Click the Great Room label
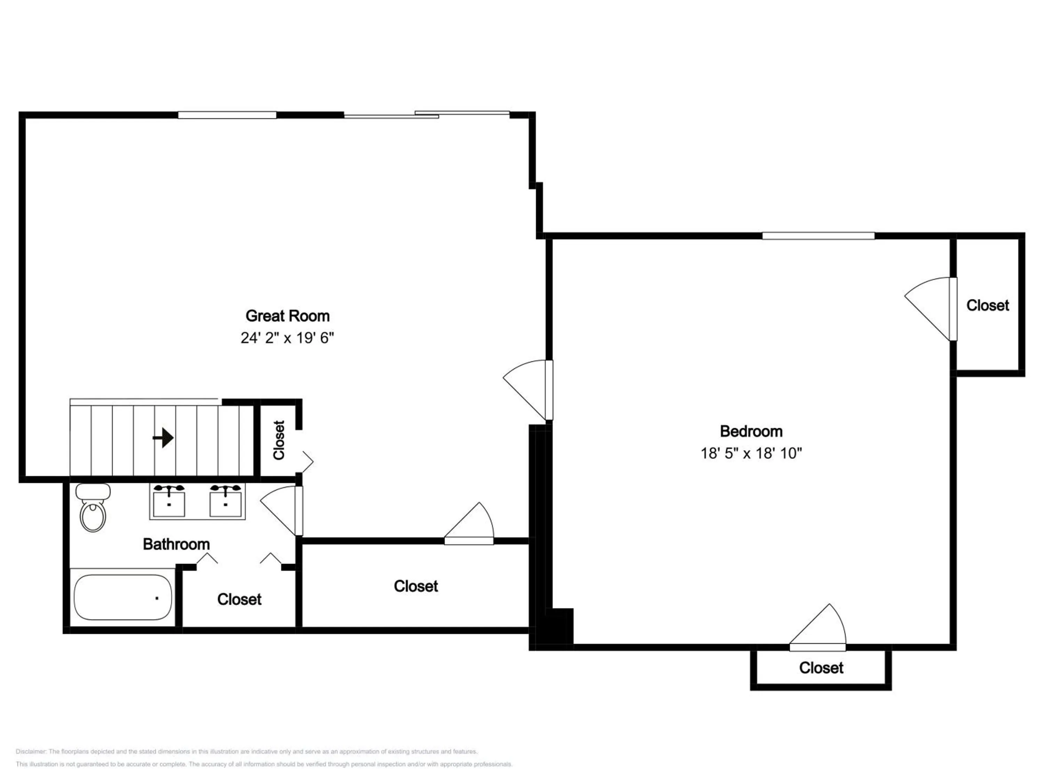287,316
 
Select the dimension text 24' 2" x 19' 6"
287,338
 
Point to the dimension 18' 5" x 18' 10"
751,453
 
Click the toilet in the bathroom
93,507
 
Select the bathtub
123,597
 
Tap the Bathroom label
176,544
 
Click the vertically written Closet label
279,440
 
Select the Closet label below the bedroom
821,668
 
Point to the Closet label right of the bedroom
988,305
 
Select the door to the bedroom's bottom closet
817,627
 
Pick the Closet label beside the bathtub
239,599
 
